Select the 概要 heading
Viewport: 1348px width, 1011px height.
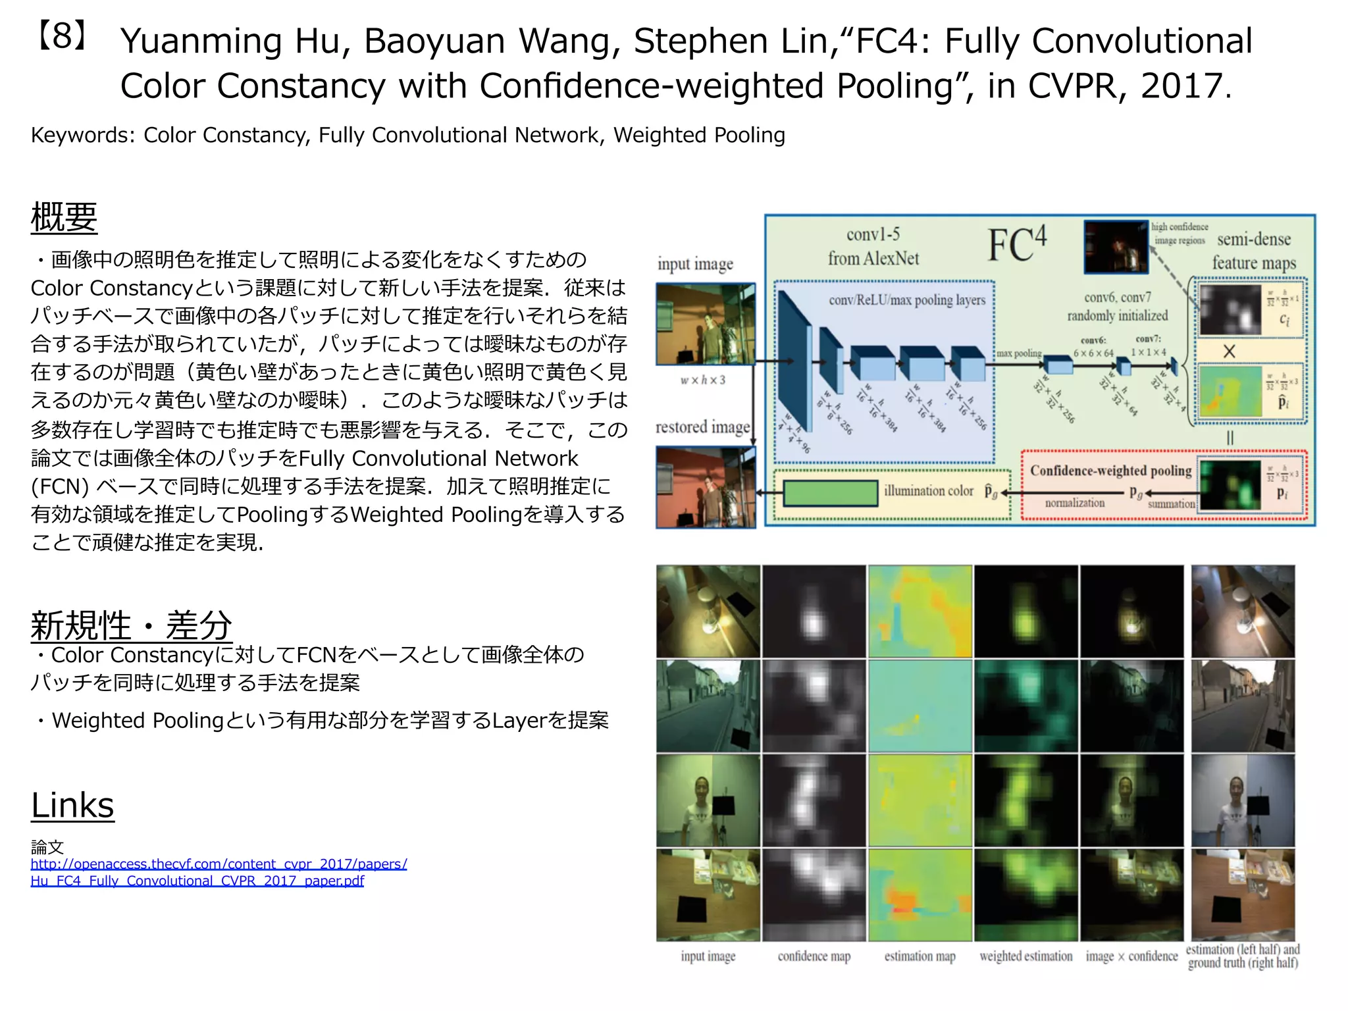tap(64, 217)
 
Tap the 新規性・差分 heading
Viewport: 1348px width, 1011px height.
tap(131, 625)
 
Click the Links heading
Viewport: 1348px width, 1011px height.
tap(72, 805)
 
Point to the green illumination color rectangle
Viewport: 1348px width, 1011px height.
tap(830, 492)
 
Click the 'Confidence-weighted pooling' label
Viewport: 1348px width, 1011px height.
tap(1110, 471)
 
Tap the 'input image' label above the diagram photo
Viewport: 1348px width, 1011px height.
tap(695, 264)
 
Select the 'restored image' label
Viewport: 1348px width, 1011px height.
tap(702, 427)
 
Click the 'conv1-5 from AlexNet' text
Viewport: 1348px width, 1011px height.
tap(873, 246)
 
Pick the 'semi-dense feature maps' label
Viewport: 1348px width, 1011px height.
tap(1253, 251)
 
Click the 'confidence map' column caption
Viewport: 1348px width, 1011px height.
tap(814, 956)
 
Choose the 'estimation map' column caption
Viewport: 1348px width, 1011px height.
tap(920, 956)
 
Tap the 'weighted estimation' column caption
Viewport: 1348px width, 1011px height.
tap(1025, 956)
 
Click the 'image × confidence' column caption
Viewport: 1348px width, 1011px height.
tap(1131, 956)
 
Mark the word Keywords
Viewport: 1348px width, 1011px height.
tap(82, 135)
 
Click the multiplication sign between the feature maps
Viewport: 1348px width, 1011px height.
tap(1229, 351)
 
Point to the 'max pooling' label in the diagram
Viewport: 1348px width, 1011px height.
tap(1018, 353)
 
